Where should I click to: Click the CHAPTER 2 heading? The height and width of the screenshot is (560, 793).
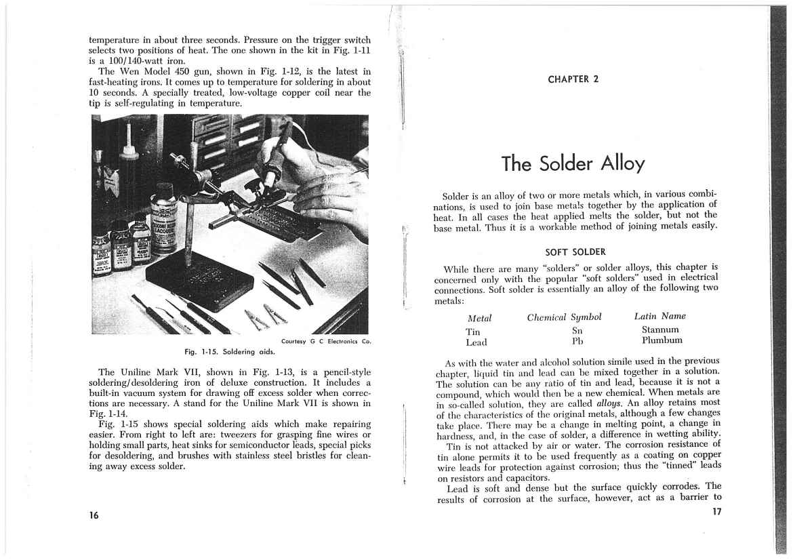573,79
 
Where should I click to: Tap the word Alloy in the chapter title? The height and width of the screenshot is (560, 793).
616,164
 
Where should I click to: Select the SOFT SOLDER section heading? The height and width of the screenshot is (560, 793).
575,252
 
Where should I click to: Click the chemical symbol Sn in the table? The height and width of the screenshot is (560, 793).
577,330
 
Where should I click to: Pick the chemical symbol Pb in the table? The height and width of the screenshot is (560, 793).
577,341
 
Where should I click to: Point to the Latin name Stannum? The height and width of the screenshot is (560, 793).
662,329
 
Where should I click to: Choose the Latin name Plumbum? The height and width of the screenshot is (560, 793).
662,340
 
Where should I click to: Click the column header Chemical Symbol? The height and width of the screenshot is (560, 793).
564,317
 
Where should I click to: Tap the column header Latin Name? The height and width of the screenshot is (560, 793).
659,316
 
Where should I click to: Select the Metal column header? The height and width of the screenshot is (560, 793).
479,318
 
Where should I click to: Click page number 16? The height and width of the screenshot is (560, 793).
94,516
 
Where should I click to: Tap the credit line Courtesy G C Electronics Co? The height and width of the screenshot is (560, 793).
325,341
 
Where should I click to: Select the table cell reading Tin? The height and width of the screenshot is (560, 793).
472,332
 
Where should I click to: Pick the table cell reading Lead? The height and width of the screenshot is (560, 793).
476,343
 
